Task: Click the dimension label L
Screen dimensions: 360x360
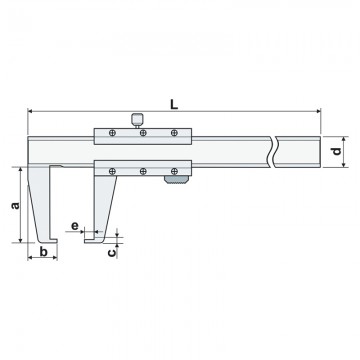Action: click(x=174, y=104)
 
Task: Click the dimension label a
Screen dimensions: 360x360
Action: click(x=15, y=205)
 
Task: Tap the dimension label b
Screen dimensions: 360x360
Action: click(x=43, y=252)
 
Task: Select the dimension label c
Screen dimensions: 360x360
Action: click(x=113, y=252)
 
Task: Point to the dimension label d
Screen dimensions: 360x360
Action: click(x=337, y=151)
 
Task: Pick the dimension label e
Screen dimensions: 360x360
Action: click(x=75, y=226)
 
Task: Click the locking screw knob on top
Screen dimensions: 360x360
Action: click(x=137, y=119)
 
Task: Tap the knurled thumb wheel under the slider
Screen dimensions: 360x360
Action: click(x=176, y=179)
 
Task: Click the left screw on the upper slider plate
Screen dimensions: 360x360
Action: click(x=112, y=133)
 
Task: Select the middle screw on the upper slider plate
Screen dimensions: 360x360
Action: click(x=143, y=133)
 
